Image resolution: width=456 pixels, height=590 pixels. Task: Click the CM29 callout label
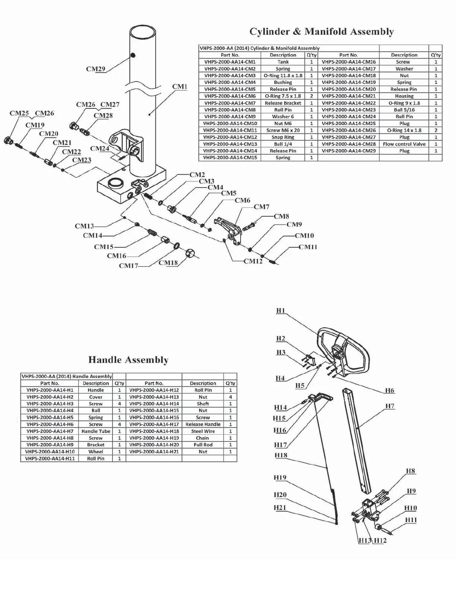(x=96, y=69)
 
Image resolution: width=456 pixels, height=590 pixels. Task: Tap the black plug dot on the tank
(x=133, y=55)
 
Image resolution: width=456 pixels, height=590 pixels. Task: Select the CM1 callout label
(x=180, y=86)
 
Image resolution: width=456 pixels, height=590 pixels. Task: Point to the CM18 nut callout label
(x=168, y=263)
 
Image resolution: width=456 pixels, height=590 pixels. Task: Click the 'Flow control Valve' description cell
(x=404, y=144)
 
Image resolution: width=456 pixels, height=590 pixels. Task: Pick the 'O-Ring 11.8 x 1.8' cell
(x=283, y=76)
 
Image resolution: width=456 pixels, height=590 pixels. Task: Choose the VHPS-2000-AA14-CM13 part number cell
(x=230, y=144)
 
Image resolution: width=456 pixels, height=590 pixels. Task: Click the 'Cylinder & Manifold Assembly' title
(x=322, y=32)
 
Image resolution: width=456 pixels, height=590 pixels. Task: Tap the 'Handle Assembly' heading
(x=128, y=359)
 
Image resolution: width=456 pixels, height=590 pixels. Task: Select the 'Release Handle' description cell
(x=203, y=424)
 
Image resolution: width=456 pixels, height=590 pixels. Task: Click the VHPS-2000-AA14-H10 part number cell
(x=50, y=451)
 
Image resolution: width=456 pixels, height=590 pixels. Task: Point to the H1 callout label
(x=281, y=310)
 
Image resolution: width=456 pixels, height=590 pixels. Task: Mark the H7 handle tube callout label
(x=390, y=406)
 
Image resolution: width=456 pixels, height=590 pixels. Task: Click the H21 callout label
(x=280, y=508)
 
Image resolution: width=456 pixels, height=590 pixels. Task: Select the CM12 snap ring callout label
(x=253, y=261)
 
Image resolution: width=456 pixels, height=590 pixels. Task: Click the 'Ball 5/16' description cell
(x=404, y=110)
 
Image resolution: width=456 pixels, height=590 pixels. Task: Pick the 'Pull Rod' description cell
(x=203, y=445)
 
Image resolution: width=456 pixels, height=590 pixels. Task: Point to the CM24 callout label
(x=100, y=149)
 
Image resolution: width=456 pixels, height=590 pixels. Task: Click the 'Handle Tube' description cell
(x=96, y=431)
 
